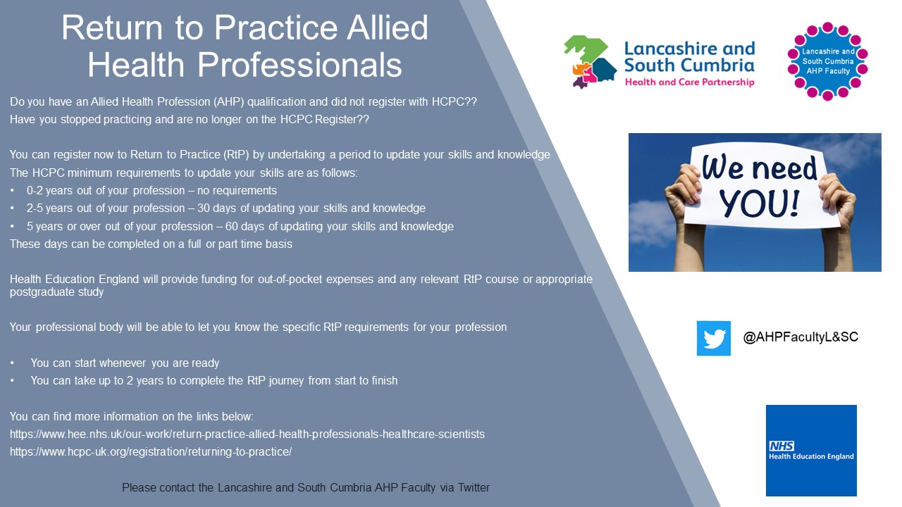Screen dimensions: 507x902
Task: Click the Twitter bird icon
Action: coord(713,339)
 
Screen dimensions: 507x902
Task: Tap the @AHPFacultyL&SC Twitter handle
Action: coord(801,337)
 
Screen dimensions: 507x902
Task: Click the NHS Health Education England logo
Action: coord(811,451)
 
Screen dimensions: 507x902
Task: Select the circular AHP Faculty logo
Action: coord(827,61)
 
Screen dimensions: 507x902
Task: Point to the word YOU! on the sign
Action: coord(759,202)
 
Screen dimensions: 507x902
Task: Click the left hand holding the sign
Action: coord(681,194)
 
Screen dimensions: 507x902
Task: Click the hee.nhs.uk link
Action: coord(247,434)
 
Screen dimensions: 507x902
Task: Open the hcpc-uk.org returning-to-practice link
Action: coord(150,452)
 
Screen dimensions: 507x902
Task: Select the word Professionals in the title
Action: coord(299,65)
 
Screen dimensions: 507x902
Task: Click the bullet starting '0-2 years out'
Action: coord(151,190)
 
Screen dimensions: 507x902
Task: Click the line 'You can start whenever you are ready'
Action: coord(125,363)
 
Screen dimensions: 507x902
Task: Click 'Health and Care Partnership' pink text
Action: coord(689,82)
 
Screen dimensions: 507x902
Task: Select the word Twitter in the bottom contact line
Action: coord(474,487)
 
